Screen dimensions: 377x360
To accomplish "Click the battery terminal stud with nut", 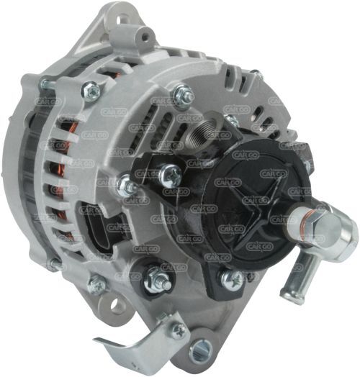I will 154,278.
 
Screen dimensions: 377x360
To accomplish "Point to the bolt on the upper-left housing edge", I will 91,89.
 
